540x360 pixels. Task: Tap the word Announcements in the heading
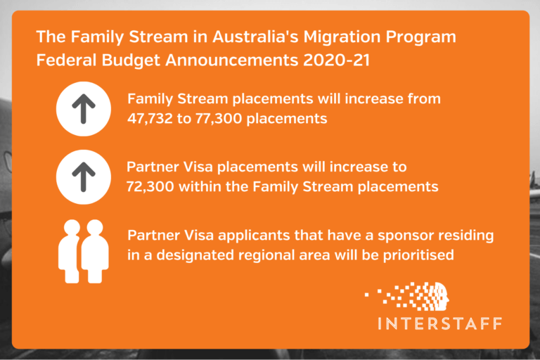coord(226,60)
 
